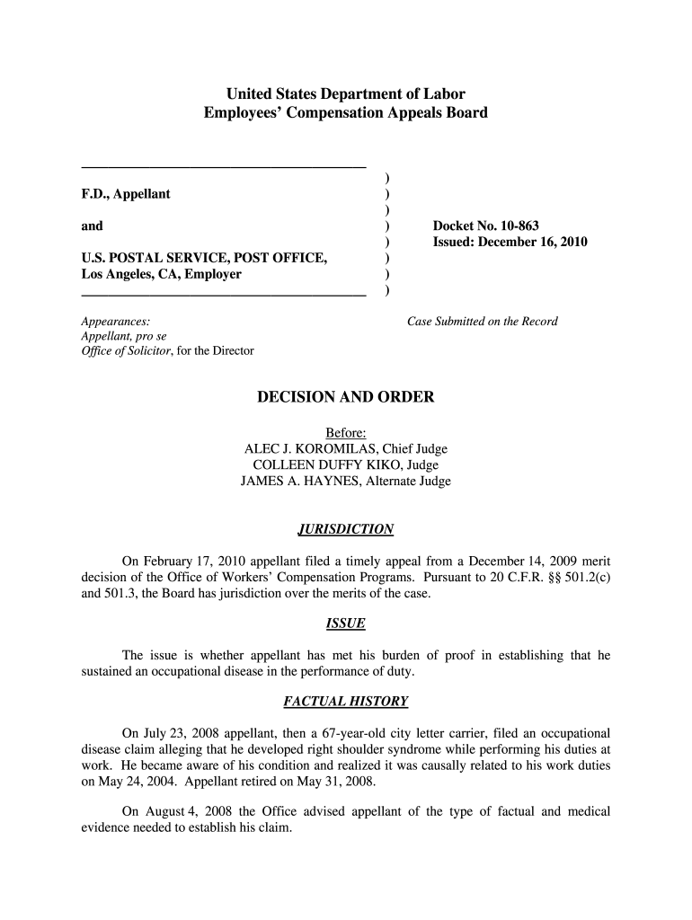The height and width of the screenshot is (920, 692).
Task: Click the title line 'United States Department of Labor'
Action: click(346, 93)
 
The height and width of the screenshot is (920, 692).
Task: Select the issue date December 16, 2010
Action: click(536, 243)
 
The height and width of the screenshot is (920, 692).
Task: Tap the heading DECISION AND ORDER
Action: click(346, 397)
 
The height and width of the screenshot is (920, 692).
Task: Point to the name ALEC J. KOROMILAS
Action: click(314, 448)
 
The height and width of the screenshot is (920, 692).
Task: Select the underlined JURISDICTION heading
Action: click(346, 529)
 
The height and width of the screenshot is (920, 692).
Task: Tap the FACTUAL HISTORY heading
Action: click(346, 701)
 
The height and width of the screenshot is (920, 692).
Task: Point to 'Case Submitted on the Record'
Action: click(483, 322)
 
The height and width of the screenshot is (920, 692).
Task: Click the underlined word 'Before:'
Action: click(346, 432)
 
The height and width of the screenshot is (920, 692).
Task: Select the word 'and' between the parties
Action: click(92, 226)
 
